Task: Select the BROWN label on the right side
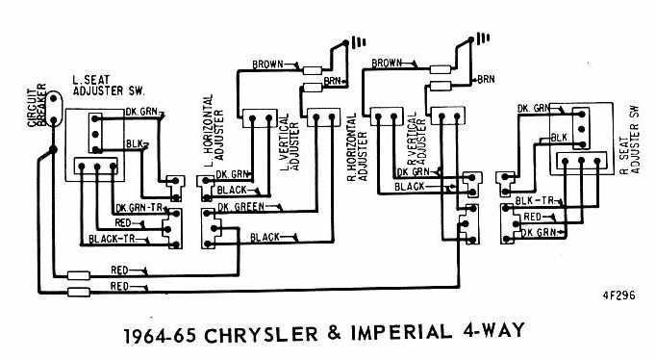tap(386, 63)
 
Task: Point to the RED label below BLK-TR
tap(533, 217)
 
